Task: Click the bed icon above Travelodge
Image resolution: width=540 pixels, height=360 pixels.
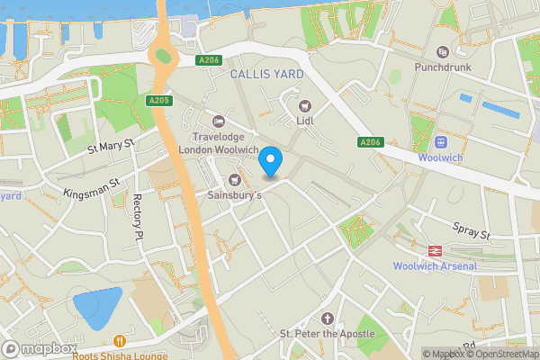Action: point(217,121)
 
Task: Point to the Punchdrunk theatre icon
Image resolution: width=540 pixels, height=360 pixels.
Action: point(442,52)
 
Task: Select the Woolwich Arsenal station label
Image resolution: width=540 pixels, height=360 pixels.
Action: point(435,265)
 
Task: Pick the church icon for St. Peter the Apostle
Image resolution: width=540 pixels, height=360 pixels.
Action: point(327,319)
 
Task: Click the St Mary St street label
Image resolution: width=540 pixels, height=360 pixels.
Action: point(110,144)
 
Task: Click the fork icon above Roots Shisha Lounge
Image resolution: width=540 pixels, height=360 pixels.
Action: point(120,341)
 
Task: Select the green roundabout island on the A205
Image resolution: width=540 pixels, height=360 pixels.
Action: point(163,58)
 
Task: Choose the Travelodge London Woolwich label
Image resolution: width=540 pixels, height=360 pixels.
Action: point(218,142)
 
